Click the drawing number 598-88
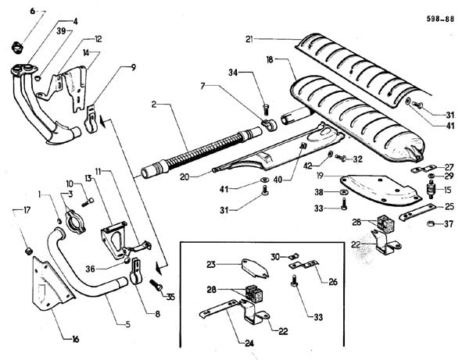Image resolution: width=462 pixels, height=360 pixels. click(440, 20)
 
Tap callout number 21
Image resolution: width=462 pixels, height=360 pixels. click(249, 39)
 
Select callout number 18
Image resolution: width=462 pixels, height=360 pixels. click(270, 60)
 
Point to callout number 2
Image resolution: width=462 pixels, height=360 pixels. click(154, 104)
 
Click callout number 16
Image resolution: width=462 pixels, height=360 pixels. click(76, 340)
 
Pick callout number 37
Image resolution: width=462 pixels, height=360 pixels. click(449, 224)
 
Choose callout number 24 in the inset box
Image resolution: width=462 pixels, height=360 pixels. click(249, 344)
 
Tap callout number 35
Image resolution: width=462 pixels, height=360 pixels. click(170, 298)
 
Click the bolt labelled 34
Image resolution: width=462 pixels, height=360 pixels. click(266, 109)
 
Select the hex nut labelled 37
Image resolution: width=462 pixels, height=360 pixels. click(431, 223)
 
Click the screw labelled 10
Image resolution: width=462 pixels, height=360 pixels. click(88, 202)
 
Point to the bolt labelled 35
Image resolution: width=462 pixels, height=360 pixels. click(156, 285)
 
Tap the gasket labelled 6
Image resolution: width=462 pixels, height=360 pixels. click(17, 47)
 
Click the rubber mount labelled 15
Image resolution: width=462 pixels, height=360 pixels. click(432, 191)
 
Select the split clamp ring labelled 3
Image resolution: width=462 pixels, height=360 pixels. click(75, 222)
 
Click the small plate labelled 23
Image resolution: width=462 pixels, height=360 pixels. click(255, 268)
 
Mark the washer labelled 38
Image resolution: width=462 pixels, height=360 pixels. click(343, 192)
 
